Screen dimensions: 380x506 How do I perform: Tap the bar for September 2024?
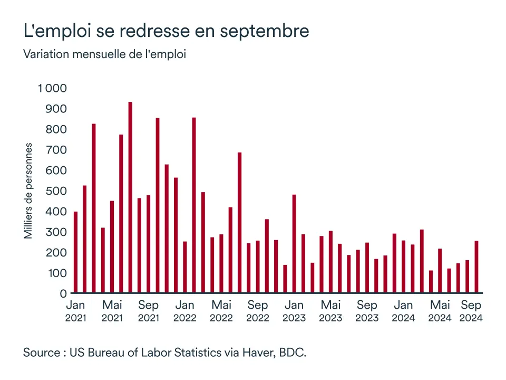coord(476,267)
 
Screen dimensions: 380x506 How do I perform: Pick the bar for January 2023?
coord(294,243)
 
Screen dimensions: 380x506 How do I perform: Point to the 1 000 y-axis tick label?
coord(52,88)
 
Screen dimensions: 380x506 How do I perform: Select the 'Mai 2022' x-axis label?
coord(221,311)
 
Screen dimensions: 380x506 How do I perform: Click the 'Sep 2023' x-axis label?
coord(367,311)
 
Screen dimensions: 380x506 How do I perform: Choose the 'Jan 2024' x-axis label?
coord(403,311)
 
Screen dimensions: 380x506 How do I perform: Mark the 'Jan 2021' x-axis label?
coord(75,311)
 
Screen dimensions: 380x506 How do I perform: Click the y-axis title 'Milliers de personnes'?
coord(28,191)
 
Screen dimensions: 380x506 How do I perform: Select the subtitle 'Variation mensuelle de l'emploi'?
coord(104,54)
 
